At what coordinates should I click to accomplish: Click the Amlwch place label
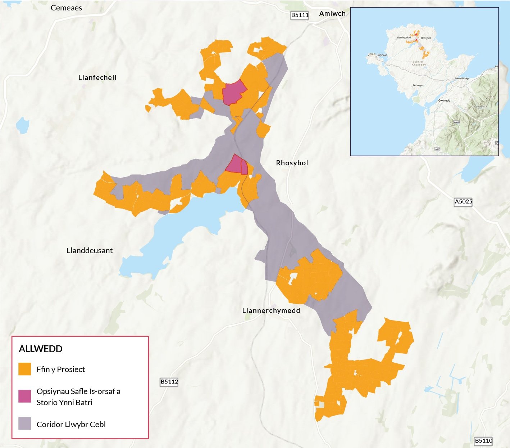point(332,13)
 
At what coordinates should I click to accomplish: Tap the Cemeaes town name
point(66,8)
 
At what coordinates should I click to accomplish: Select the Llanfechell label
point(97,77)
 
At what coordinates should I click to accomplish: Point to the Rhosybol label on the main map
point(292,163)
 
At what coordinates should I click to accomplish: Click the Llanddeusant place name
point(90,251)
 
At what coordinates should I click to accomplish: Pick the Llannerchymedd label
point(271,310)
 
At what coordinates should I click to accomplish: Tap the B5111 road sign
point(300,15)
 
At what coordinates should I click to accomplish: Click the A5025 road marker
point(463,202)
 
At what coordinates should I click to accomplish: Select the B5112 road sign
point(169,382)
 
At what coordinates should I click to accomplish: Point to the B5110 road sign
point(483,440)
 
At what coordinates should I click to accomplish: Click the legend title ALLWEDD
point(41,349)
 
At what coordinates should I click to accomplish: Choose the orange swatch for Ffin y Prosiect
point(25,369)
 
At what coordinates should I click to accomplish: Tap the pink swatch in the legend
point(25,396)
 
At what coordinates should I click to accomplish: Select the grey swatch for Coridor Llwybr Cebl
point(25,424)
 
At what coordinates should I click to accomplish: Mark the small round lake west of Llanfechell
point(22,125)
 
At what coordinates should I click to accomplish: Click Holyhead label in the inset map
point(382,55)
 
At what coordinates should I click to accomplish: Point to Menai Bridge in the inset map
point(462,78)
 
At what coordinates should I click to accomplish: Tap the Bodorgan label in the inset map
point(418,85)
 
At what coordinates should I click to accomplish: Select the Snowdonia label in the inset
point(479,107)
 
